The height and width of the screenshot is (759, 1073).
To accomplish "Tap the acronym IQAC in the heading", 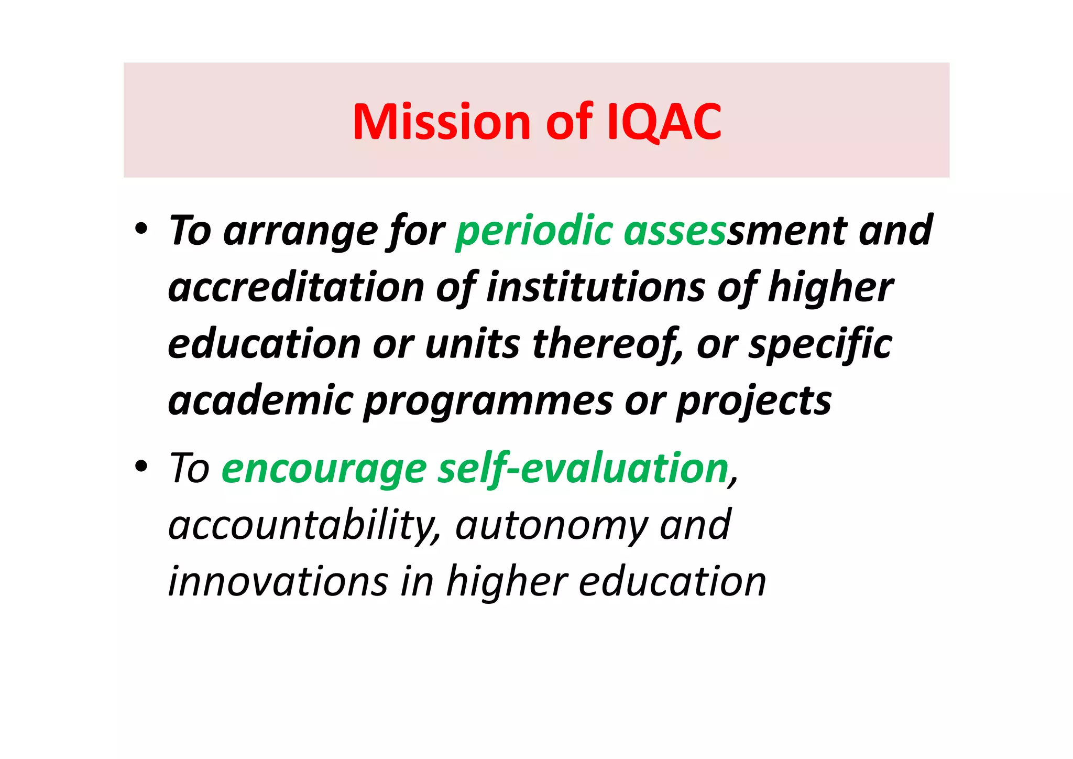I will coord(664,122).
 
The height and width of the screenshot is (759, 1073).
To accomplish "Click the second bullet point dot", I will coord(140,466).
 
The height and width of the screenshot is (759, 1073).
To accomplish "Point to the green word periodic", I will coord(534,231).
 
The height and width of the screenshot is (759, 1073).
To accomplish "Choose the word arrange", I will coord(300,231).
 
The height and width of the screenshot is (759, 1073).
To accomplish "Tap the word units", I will coord(472,344).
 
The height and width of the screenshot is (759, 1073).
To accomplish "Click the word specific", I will coord(820,344).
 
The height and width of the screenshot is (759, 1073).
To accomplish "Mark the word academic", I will coord(260,400).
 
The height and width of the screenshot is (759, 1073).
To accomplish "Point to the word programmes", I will coord(488,402).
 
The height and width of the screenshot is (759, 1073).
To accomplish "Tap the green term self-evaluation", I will coord(583,468).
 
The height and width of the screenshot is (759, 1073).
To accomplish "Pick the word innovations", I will coord(278,581).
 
